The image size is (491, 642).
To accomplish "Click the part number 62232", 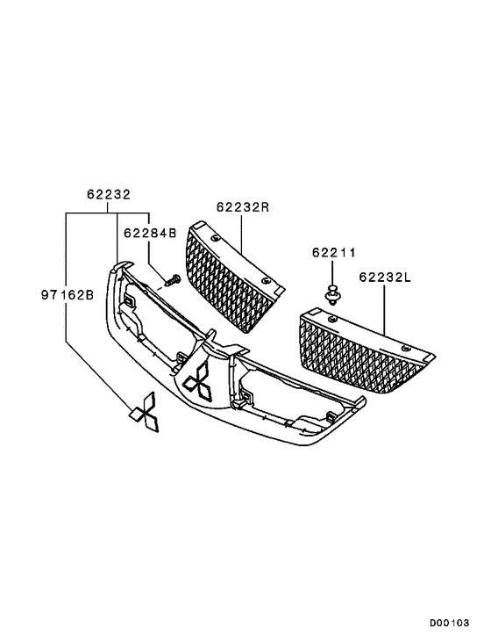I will [x=108, y=195].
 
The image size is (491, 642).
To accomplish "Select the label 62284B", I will [x=149, y=233].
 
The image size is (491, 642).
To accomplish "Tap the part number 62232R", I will [x=242, y=208].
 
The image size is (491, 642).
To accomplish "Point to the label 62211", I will [x=333, y=253].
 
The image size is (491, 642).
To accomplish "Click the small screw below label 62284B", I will [x=172, y=280].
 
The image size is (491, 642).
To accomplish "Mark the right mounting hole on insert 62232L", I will [x=405, y=350].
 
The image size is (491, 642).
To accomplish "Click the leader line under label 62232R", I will [x=242, y=241].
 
